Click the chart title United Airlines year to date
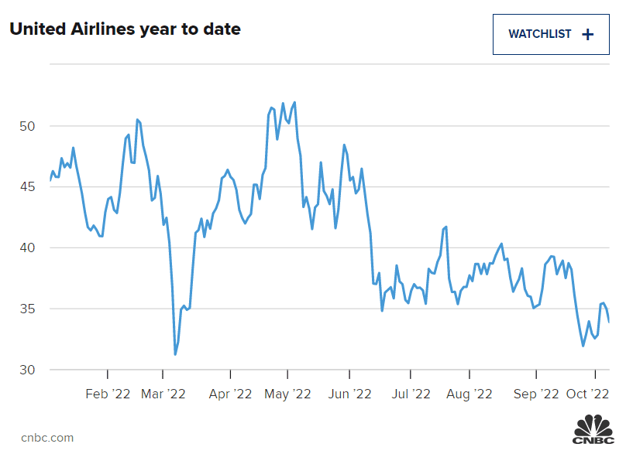(x=125, y=29)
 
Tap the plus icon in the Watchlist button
(x=587, y=34)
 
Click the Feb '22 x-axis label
(x=108, y=394)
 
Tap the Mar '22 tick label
(x=163, y=394)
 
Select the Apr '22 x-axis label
(x=230, y=394)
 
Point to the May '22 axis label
(x=287, y=394)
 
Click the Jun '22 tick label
(x=351, y=394)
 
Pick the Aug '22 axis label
(x=469, y=394)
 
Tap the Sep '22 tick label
(x=536, y=394)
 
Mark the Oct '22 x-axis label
(x=589, y=394)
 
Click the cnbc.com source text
(x=47, y=438)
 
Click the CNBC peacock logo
(x=593, y=430)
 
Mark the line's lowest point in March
(x=175, y=354)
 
